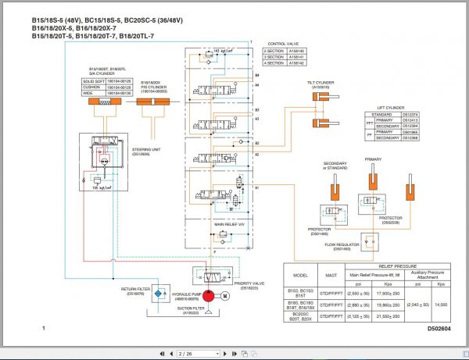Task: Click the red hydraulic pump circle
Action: tap(209, 296)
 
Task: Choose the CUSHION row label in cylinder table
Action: tap(93, 87)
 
